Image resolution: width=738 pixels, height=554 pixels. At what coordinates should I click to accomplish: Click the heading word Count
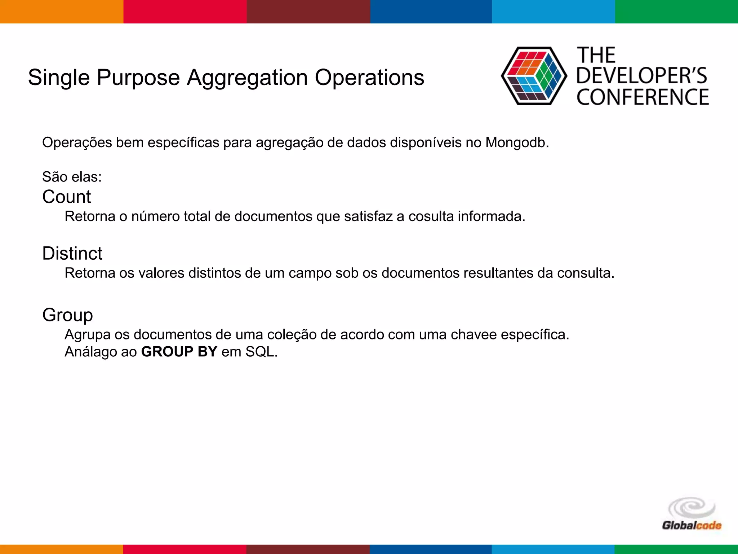pyautogui.click(x=67, y=197)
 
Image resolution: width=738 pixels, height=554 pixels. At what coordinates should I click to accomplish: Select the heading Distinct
pyautogui.click(x=72, y=254)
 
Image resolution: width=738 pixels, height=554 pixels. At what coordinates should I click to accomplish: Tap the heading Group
pyautogui.click(x=67, y=315)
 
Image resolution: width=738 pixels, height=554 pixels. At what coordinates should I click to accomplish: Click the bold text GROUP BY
pyautogui.click(x=179, y=352)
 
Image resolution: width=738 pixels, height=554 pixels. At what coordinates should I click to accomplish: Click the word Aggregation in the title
pyautogui.click(x=247, y=78)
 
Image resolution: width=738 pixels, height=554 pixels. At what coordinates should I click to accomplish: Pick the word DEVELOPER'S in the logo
pyautogui.click(x=642, y=76)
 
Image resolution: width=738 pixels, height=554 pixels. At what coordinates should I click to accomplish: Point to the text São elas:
pyautogui.click(x=72, y=177)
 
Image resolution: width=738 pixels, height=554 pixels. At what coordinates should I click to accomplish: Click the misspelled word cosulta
pyautogui.click(x=431, y=216)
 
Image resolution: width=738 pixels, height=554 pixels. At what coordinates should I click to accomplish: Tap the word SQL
pyautogui.click(x=261, y=352)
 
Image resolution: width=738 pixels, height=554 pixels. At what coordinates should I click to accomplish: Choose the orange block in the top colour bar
pyautogui.click(x=62, y=12)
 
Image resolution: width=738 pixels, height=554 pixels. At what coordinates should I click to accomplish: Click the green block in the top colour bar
pyautogui.click(x=676, y=12)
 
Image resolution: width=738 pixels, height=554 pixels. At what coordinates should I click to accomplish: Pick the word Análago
pyautogui.click(x=90, y=352)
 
